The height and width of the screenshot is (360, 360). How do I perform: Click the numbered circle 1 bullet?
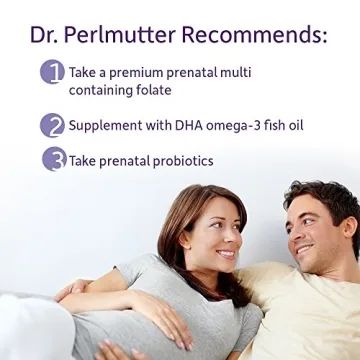click(52, 73)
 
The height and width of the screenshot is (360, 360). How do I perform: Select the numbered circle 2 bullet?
click(52, 125)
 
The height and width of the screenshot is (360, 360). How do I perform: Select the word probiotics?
click(179, 160)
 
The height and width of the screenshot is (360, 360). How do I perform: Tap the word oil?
click(294, 126)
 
